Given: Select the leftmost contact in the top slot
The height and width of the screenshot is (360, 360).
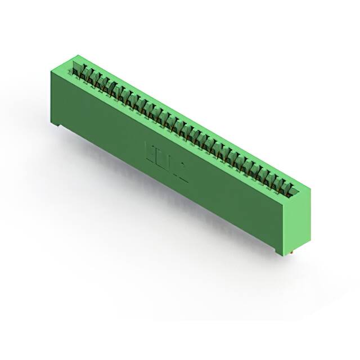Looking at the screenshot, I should pyautogui.click(x=75, y=71).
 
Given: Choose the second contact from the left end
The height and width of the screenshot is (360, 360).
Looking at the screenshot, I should pyautogui.click(x=82, y=75).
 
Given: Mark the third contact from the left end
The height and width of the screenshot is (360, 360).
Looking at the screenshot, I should pyautogui.click(x=89, y=78).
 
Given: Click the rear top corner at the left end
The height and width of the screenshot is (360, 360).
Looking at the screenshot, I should pyautogui.click(x=78, y=55).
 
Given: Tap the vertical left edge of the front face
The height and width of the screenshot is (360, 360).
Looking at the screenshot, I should pyautogui.click(x=53, y=96).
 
